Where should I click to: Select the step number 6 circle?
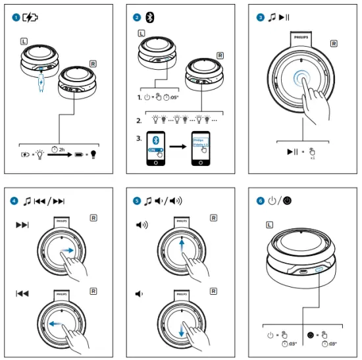(x=261, y=201)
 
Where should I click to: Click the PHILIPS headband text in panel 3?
(x=301, y=38)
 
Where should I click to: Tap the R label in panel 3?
(x=334, y=44)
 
